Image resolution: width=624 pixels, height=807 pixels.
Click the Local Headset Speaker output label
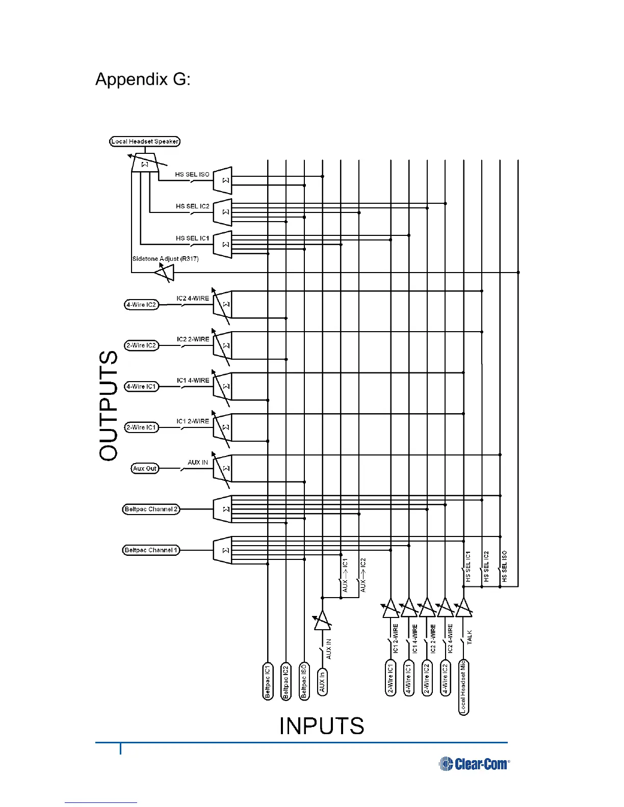tap(145, 142)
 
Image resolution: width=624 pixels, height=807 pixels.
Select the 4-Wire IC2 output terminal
tap(141, 305)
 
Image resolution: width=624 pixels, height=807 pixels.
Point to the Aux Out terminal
tap(145, 468)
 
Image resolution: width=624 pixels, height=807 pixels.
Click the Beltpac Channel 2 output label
tap(151, 509)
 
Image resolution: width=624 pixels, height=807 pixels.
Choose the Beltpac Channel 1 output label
tap(151, 550)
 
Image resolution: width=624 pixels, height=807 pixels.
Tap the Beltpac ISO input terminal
tap(304, 681)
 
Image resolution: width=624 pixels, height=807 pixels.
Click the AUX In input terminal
tap(322, 682)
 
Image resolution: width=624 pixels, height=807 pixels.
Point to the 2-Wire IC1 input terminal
tap(391, 678)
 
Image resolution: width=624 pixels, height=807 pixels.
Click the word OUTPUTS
tap(109, 406)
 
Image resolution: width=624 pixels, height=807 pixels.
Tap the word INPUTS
tap(322, 726)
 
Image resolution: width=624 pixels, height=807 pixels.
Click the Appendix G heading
tap(143, 79)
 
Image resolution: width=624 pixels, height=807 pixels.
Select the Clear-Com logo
tap(474, 764)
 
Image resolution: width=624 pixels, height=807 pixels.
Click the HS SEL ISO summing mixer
tap(223, 180)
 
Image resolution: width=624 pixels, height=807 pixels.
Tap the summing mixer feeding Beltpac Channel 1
tap(223, 550)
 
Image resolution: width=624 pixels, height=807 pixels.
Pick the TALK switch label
tap(470, 637)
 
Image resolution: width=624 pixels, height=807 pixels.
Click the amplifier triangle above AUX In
tap(322, 621)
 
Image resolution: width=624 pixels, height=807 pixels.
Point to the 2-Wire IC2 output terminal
tap(141, 345)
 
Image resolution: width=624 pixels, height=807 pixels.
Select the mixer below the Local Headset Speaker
tap(145, 164)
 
